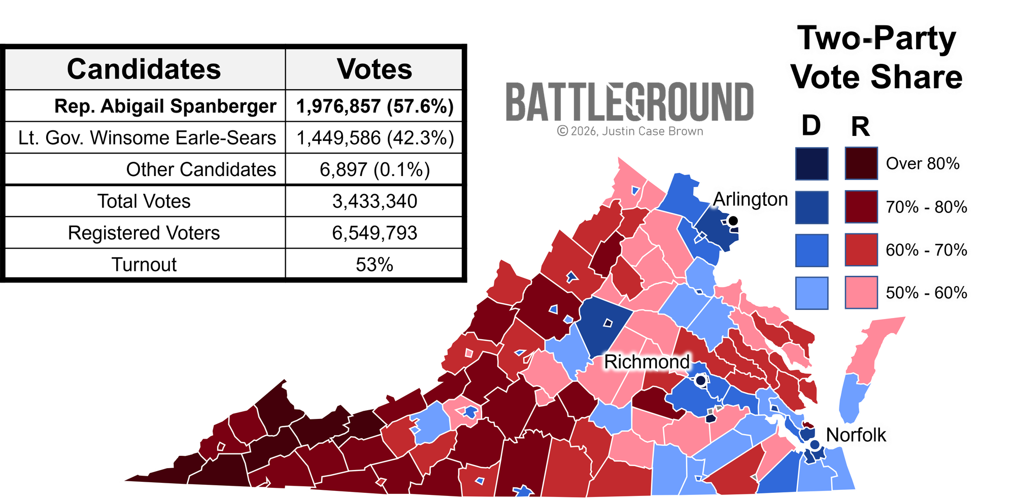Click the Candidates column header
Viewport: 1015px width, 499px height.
coord(144,69)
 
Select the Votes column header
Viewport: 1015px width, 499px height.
coord(374,69)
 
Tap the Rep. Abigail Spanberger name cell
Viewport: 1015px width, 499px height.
coord(165,106)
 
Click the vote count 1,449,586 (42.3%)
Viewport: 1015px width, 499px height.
coord(375,138)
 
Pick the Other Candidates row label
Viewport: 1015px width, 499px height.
coord(201,169)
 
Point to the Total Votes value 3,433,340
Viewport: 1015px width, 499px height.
coord(375,201)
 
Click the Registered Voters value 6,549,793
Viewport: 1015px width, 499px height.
coord(375,233)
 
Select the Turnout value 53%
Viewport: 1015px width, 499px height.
coord(375,265)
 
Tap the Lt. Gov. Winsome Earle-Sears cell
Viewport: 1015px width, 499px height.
coord(147,138)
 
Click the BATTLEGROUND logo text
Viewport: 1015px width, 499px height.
coord(630,103)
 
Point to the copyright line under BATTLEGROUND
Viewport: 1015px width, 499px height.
coord(630,131)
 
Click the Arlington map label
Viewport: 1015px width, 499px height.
coord(750,199)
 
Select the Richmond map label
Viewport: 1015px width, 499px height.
coord(647,362)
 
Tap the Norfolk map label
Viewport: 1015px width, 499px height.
coord(856,435)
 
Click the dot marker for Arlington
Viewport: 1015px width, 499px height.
coord(733,221)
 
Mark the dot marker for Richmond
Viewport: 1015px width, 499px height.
coord(700,380)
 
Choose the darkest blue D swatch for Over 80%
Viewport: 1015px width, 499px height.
coord(811,164)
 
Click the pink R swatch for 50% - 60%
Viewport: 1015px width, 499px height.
coord(861,293)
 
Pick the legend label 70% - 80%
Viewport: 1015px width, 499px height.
coord(926,207)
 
